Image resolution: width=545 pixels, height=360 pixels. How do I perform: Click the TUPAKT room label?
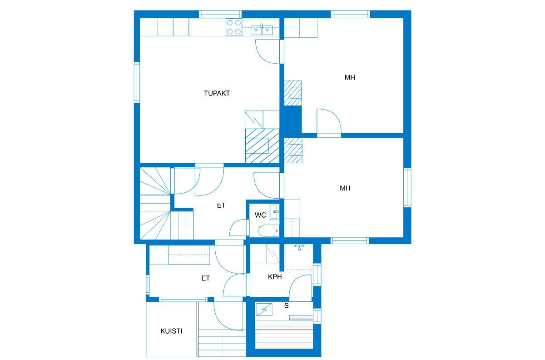point(217,93)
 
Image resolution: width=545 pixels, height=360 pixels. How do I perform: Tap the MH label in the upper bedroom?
point(349,77)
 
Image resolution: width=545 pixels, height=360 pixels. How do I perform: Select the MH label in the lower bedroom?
point(345,188)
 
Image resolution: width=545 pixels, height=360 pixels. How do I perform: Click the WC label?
point(260,215)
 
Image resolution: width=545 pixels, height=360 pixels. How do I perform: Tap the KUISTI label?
point(171,331)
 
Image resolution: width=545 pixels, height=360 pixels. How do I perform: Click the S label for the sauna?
point(286,305)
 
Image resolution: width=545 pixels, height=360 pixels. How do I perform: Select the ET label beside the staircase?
point(221,205)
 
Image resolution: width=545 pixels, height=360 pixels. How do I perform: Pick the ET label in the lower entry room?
point(206,278)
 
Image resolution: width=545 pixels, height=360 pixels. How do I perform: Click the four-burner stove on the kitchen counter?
point(233,27)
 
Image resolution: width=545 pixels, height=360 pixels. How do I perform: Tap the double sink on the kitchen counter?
point(262,30)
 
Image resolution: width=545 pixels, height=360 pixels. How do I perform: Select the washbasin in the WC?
point(275,211)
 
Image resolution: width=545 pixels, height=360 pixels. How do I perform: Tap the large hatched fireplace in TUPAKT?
point(262,145)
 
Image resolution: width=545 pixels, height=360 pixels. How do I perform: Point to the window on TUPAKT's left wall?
point(136,82)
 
